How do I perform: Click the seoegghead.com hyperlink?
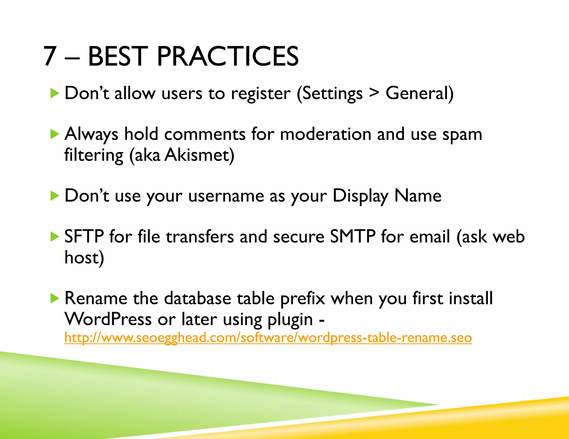[x=268, y=338]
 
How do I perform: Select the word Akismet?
[x=199, y=155]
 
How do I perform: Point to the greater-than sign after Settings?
[x=374, y=93]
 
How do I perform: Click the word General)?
[x=419, y=93]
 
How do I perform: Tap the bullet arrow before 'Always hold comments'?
[x=55, y=135]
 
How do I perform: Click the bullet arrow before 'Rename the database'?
[x=55, y=299]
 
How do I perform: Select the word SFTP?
[x=84, y=237]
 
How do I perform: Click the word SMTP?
[x=353, y=237]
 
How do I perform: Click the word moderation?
[x=325, y=135]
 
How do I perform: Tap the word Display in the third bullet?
[x=360, y=196]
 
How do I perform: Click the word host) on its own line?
[x=84, y=258]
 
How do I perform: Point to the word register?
[x=261, y=94]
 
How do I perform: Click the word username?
[x=226, y=196]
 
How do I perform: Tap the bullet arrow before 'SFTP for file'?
[x=55, y=237]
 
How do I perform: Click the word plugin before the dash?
[x=290, y=320]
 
